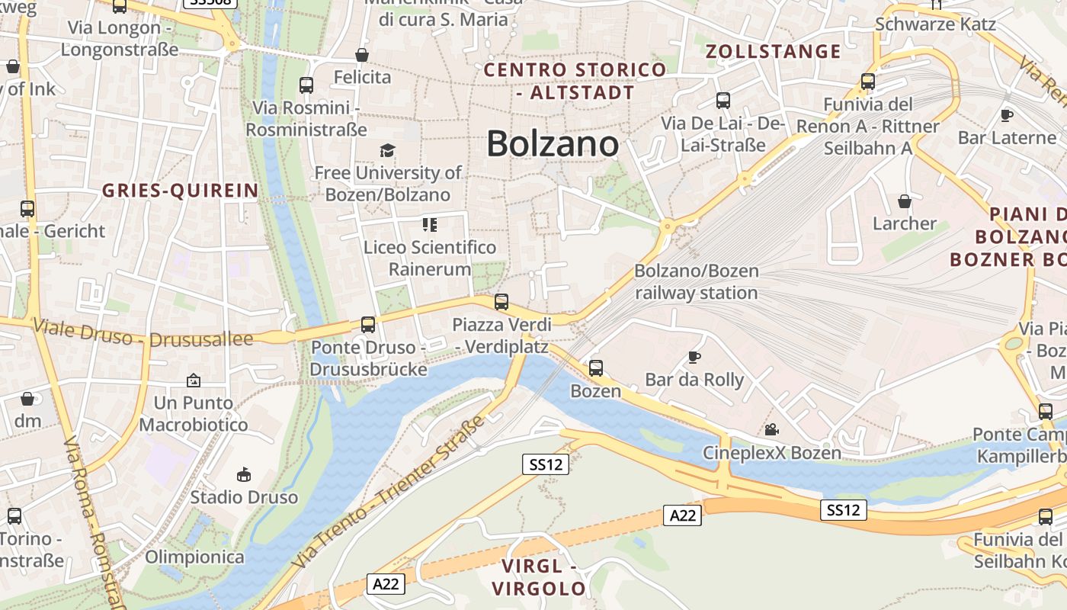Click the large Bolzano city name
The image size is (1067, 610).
[x=553, y=143]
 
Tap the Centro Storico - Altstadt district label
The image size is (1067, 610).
[x=575, y=82]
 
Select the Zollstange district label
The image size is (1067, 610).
[x=773, y=52]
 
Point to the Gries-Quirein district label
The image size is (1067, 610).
[x=181, y=191]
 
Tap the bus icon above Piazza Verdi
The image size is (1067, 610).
[x=501, y=301]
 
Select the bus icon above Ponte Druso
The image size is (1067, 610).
[x=368, y=325]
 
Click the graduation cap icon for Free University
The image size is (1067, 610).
[x=388, y=150]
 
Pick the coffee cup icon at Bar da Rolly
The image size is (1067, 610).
[x=694, y=356]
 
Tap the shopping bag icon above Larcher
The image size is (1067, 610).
[x=905, y=201]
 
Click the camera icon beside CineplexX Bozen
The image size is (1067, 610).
[x=771, y=429]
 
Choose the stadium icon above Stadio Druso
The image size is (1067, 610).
[x=244, y=474]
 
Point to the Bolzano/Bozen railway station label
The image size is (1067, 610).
[x=697, y=281]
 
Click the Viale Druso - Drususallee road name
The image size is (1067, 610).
[x=143, y=332]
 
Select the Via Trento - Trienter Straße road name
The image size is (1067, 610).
[x=389, y=491]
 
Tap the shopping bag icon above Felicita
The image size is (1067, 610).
[x=362, y=55]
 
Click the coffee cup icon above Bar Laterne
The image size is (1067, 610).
[x=1006, y=115]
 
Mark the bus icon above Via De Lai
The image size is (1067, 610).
[x=723, y=100]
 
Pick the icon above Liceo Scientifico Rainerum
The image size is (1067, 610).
[x=430, y=224]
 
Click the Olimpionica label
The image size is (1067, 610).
[x=194, y=557]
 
